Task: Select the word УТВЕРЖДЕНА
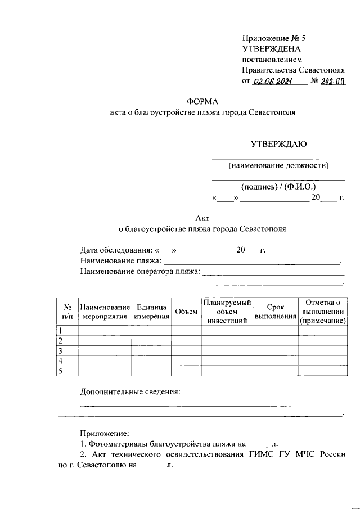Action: tap(271, 49)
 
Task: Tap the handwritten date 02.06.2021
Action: tap(273, 82)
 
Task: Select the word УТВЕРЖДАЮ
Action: tap(278, 144)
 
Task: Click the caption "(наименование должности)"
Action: tap(278, 165)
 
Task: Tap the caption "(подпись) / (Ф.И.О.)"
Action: tap(278, 187)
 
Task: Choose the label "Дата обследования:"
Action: tap(116, 250)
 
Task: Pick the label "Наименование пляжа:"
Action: tap(121, 262)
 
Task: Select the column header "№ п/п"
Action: tap(67, 312)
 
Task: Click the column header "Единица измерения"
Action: tap(152, 312)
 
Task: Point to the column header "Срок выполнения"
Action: tap(276, 312)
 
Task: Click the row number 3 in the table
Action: tap(61, 351)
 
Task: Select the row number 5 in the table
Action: tap(61, 370)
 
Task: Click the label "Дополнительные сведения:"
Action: tap(130, 391)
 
